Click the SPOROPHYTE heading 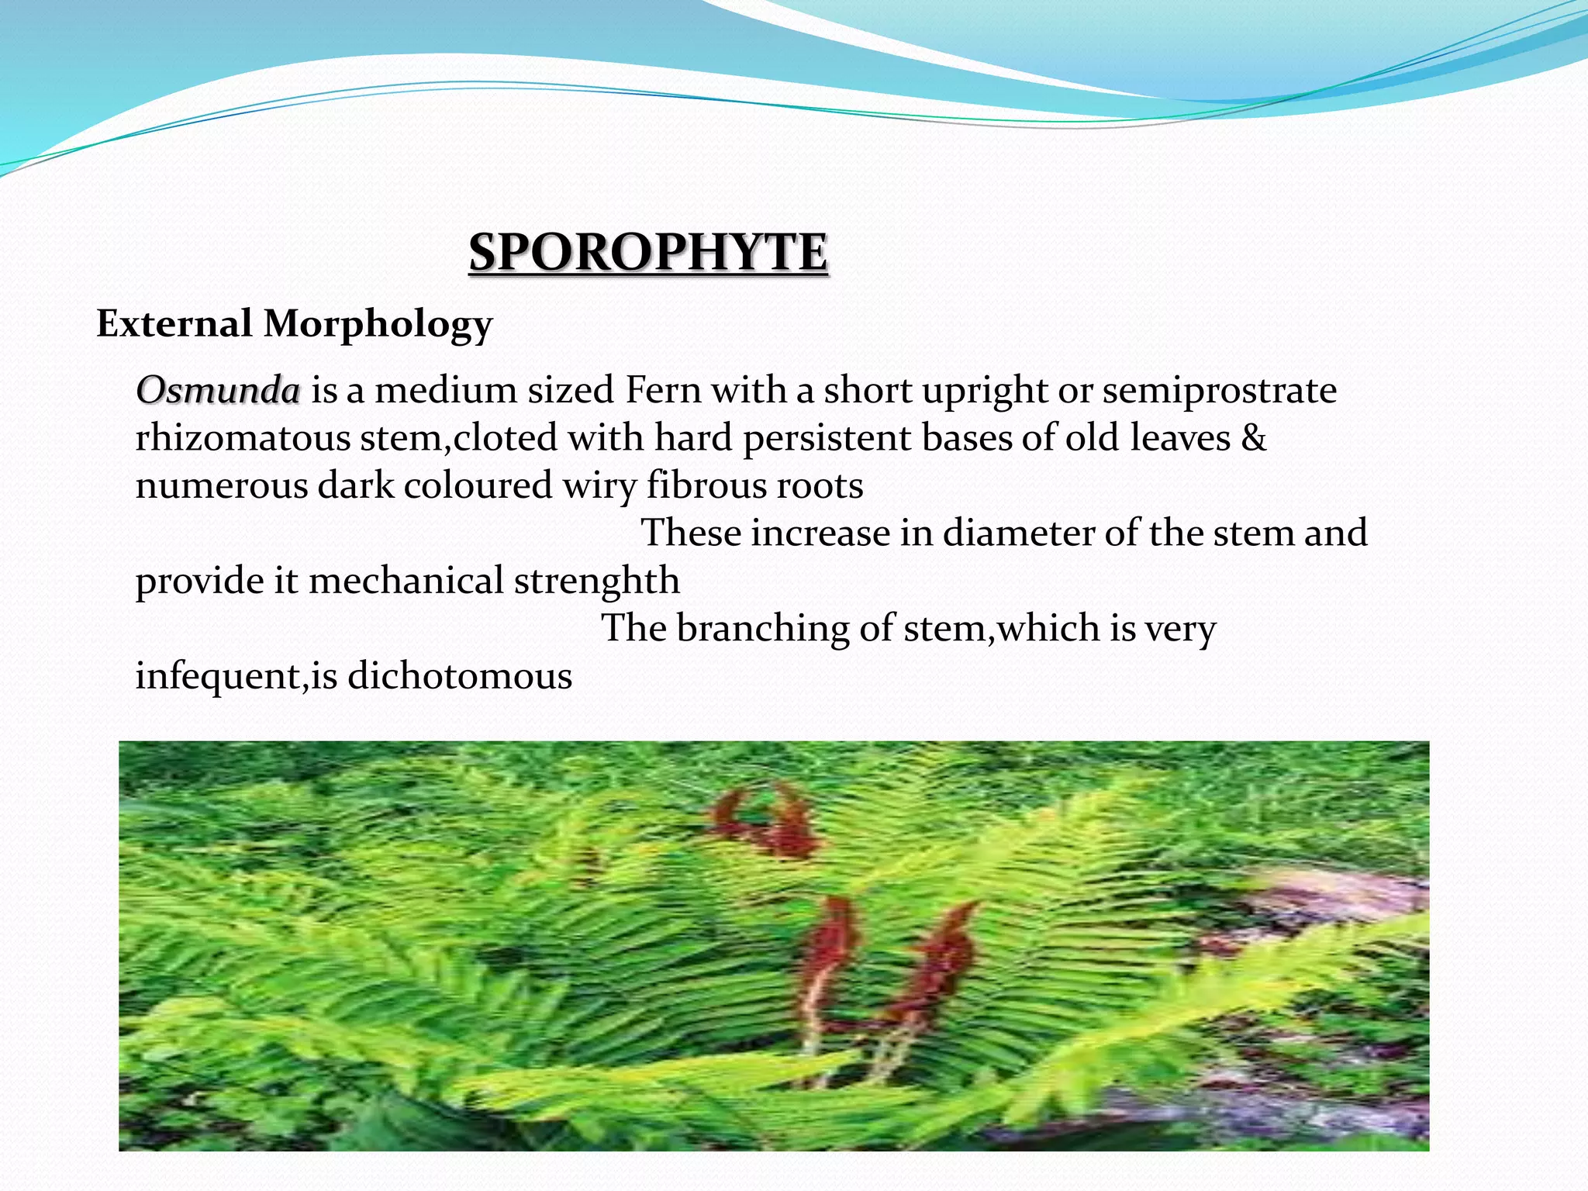(648, 253)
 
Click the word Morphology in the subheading (378, 324)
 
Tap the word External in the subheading (174, 323)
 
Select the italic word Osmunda (218, 389)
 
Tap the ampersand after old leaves (1253, 437)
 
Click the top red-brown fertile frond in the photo (768, 822)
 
